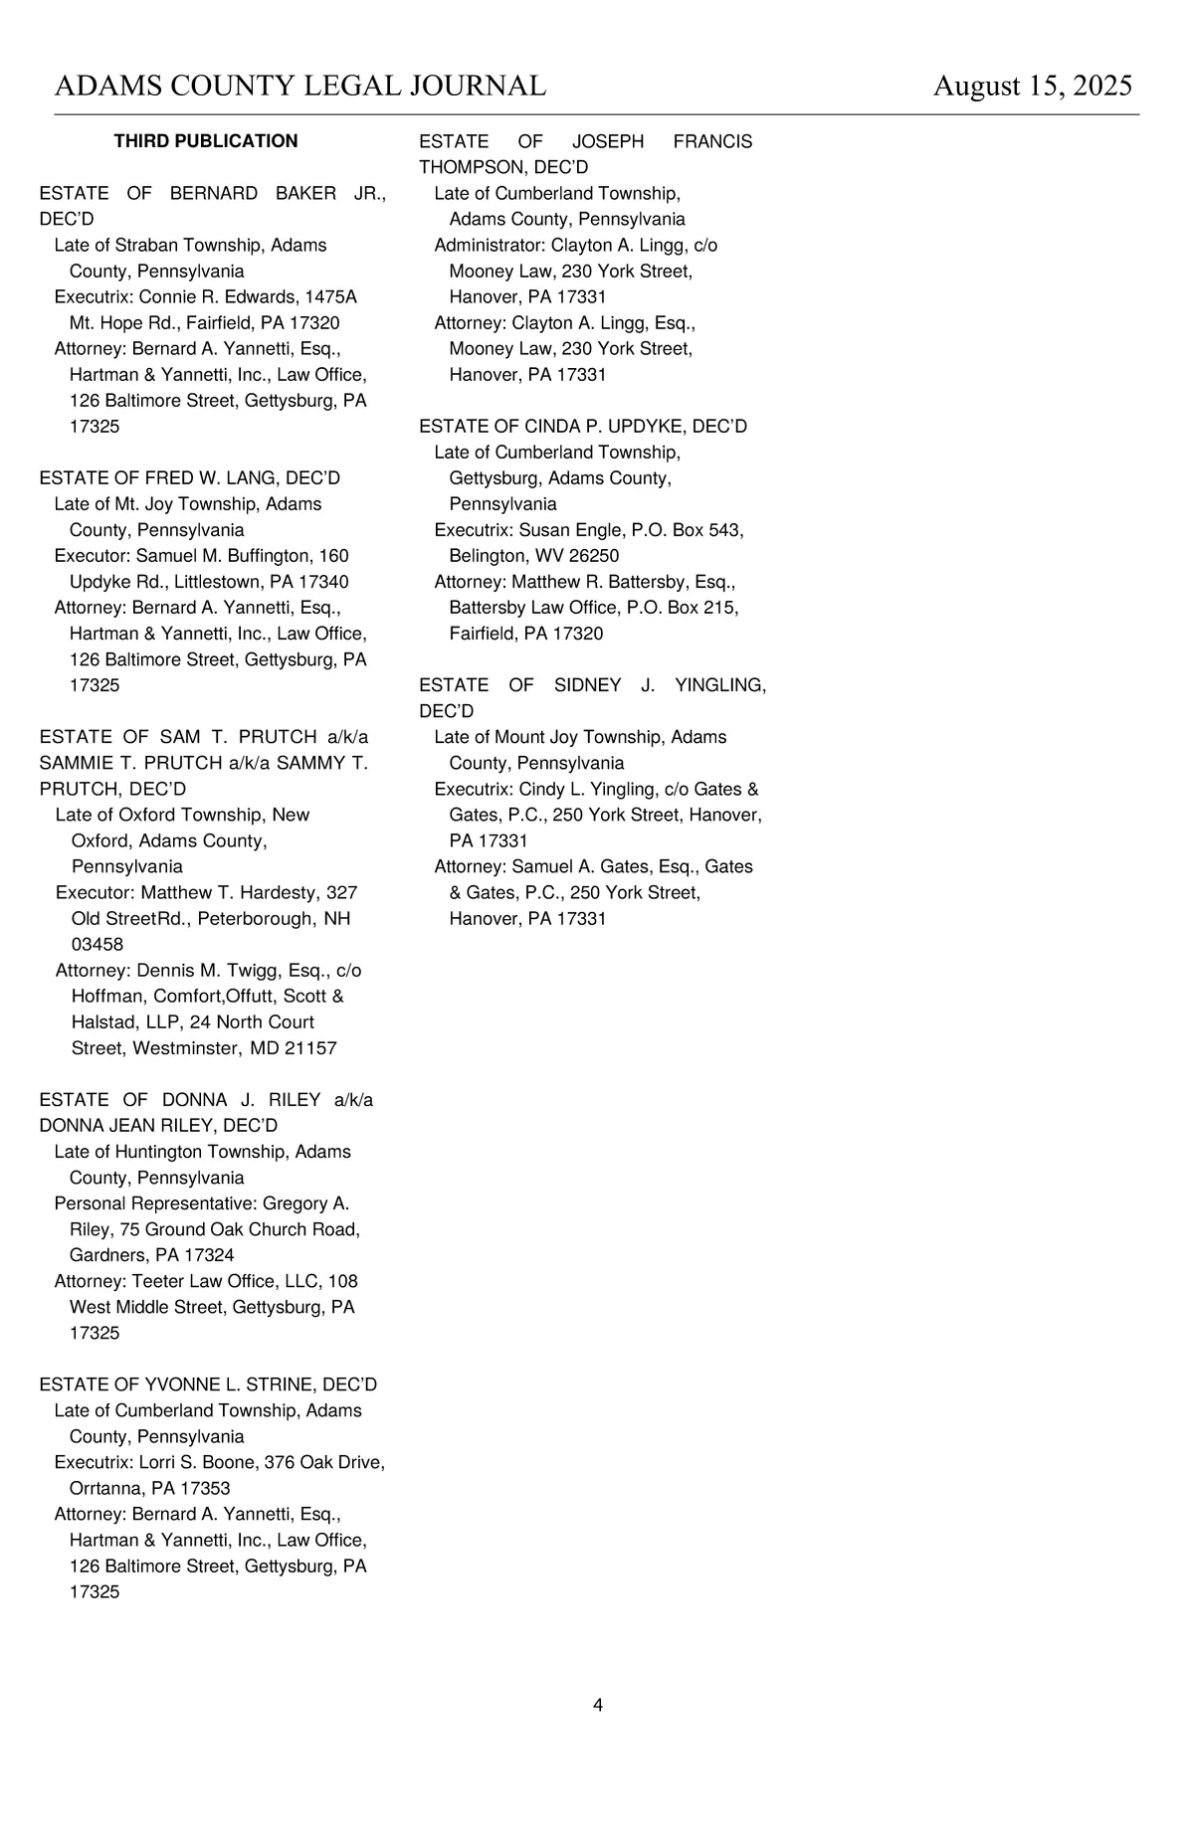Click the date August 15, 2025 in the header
[x=1032, y=86]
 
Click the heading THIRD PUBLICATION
[x=206, y=141]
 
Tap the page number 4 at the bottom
[x=598, y=1705]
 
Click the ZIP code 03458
[x=98, y=944]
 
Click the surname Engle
[x=593, y=530]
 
